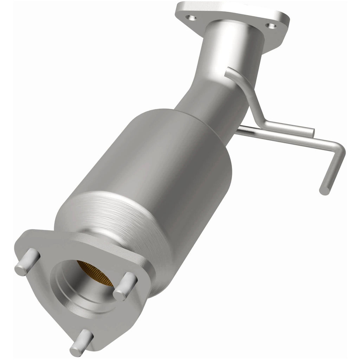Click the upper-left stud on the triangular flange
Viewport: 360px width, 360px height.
25,261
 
